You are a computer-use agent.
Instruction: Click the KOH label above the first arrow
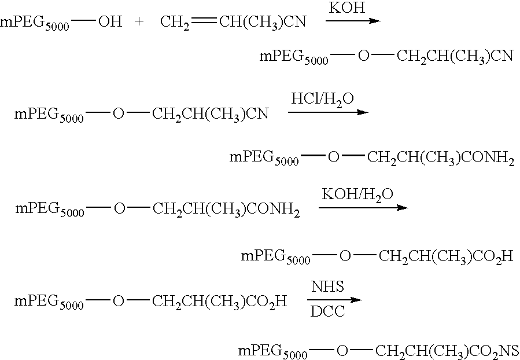347,8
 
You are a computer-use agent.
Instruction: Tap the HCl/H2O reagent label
322,99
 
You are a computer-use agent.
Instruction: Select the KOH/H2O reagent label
357,195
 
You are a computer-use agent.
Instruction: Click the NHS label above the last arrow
327,286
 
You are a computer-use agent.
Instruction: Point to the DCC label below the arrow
327,311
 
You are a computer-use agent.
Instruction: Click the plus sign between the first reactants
139,22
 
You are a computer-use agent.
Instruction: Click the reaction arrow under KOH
353,21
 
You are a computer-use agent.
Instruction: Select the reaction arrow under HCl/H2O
328,112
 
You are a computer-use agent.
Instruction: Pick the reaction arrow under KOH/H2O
363,208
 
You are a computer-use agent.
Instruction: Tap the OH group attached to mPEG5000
110,22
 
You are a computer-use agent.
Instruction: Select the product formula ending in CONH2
372,157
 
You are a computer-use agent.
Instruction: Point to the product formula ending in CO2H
377,256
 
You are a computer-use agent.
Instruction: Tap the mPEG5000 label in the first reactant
35,23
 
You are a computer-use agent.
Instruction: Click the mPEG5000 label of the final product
273,352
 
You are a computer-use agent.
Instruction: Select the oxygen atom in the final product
342,351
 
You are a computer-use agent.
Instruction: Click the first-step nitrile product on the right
386,57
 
